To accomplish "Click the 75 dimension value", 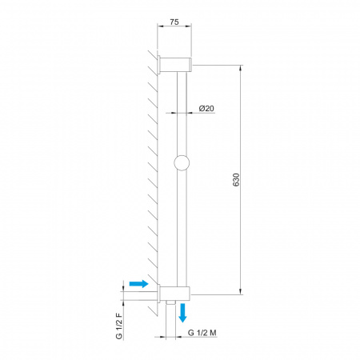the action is pos(174,22).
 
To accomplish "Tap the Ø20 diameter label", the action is pos(206,108).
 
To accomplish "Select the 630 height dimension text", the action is pos(236,180).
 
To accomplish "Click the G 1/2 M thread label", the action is pos(202,333).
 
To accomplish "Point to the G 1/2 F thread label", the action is pos(119,326).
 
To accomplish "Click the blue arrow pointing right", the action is pos(138,283).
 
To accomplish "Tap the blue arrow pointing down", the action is pos(182,313).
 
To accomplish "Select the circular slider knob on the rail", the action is pos(182,162).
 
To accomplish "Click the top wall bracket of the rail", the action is pos(176,65).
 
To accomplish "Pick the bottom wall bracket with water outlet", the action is pos(174,294).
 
